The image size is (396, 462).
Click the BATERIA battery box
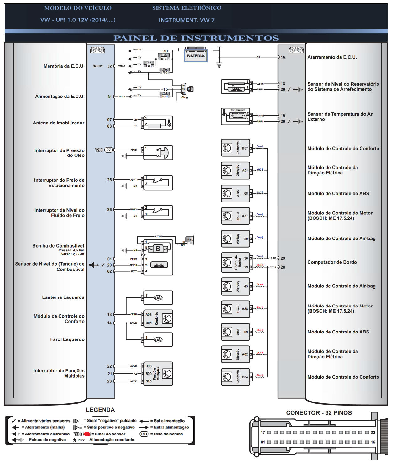195,55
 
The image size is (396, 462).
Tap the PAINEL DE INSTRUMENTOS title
196,38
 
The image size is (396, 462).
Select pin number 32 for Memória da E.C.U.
109,66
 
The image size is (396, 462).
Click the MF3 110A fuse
164,57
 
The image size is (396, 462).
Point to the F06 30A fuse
165,71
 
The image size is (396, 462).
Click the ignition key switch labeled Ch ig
187,89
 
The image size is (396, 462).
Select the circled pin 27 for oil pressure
108,150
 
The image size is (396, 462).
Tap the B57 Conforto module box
236,148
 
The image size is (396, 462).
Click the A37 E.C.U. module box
236,216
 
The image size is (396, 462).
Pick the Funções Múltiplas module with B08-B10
158,374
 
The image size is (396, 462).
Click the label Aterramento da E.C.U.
332,57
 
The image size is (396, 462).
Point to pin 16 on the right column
283,57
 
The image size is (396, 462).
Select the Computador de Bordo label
332,262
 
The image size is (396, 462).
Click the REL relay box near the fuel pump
190,239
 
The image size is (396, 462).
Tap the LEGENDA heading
100,410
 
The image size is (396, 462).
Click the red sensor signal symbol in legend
87,434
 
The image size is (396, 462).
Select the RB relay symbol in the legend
144,434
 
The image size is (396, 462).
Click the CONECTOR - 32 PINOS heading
319,413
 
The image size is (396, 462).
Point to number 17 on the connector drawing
263,433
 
